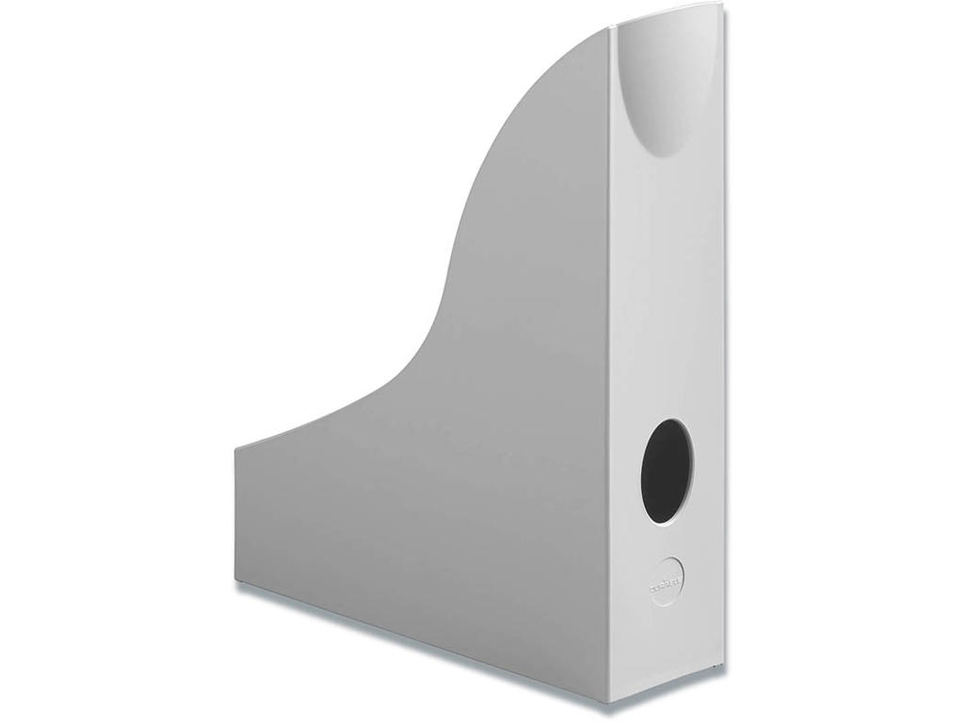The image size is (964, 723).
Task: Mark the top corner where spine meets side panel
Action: [x=609, y=28]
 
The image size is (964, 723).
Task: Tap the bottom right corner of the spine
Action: [x=724, y=670]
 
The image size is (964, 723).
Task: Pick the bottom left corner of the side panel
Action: [x=235, y=580]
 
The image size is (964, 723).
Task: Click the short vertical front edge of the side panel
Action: [x=235, y=513]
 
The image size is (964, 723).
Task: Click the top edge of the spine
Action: [x=666, y=16]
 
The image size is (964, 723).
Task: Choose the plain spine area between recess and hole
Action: [x=667, y=301]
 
